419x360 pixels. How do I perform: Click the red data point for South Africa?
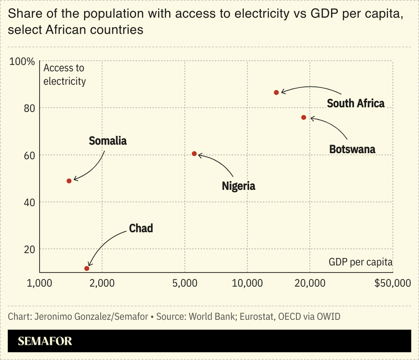(277, 92)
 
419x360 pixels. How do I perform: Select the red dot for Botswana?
(304, 117)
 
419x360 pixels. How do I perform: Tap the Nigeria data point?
(194, 154)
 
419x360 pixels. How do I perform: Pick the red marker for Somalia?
(69, 181)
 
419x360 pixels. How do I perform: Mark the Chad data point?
(87, 268)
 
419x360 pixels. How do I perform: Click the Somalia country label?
(108, 141)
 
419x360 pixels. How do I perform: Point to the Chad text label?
(141, 229)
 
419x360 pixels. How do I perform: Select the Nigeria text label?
(238, 186)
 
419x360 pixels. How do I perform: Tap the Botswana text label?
(352, 149)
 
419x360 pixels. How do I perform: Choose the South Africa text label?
(356, 103)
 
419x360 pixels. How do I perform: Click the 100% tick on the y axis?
(23, 62)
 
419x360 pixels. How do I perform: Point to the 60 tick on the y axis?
(29, 155)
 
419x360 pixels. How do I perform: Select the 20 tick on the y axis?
(29, 250)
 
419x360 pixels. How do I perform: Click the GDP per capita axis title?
(360, 262)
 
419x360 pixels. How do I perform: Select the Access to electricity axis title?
(64, 74)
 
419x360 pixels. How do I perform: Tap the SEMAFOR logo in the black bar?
(45, 342)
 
